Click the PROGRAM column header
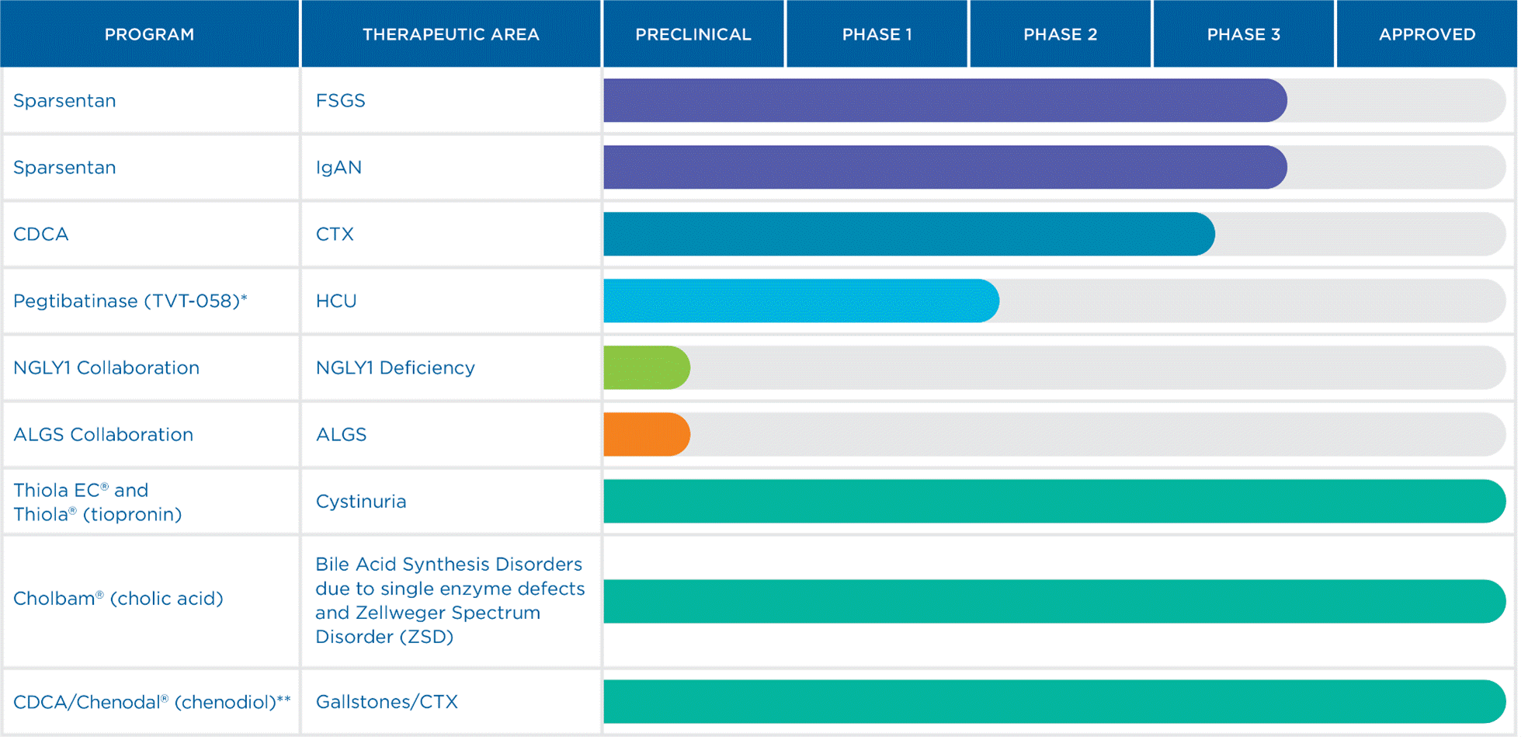(x=149, y=34)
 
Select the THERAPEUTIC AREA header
(x=450, y=34)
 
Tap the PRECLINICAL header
(x=693, y=34)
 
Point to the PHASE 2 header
(x=1060, y=34)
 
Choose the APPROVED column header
(x=1426, y=34)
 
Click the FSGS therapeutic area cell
(x=340, y=101)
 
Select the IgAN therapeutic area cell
(x=339, y=168)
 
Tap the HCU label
(x=336, y=301)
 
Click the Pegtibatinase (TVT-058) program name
(x=130, y=301)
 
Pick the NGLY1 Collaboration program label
(x=106, y=368)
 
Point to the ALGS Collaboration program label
(x=103, y=435)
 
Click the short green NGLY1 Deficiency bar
(x=646, y=368)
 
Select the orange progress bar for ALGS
(x=646, y=435)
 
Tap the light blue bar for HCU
(x=800, y=301)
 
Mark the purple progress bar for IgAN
(x=943, y=168)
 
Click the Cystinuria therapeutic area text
(x=361, y=502)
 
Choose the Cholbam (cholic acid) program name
(x=118, y=599)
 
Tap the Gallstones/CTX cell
(x=387, y=702)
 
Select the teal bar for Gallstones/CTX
(x=1054, y=702)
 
